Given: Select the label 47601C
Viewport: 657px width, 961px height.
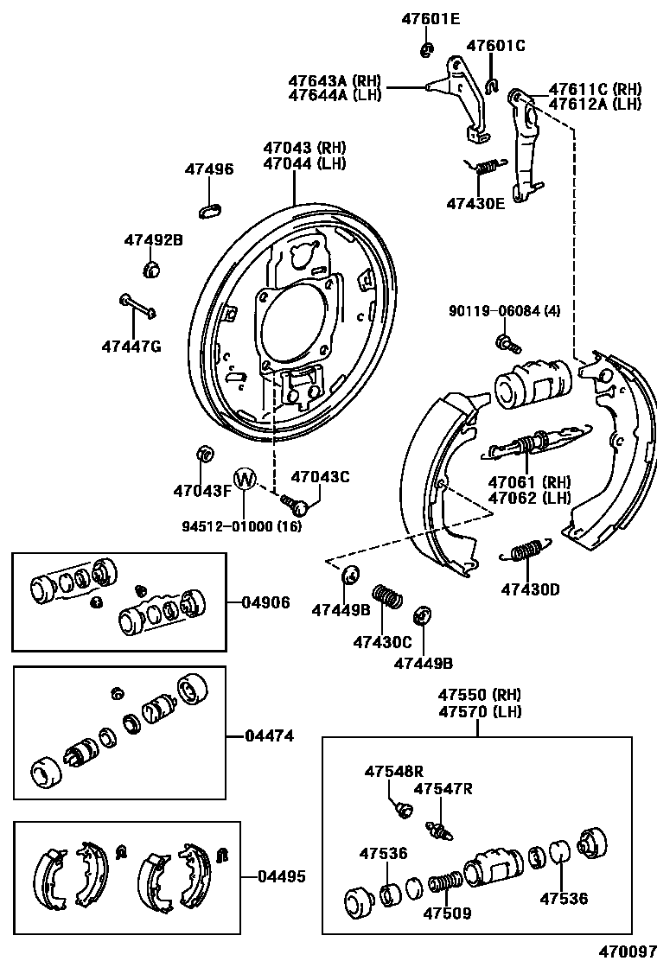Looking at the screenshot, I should [496, 45].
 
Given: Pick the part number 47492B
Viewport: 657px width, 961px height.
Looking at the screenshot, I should [153, 241].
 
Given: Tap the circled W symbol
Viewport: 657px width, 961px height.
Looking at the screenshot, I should [246, 479].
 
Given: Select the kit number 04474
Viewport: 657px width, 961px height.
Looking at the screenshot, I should [270, 736].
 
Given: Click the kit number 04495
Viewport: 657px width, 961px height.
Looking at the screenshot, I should [281, 876].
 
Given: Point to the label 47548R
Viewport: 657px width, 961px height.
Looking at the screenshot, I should [393, 771].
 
